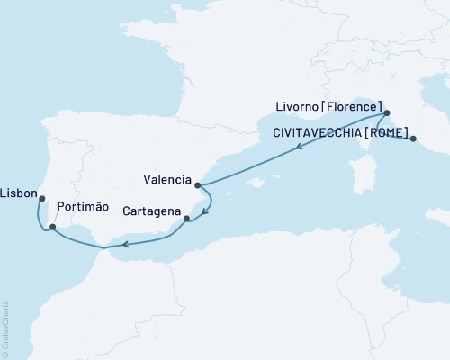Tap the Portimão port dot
(x=53, y=227)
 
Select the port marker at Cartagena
(x=186, y=218)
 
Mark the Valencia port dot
(x=198, y=184)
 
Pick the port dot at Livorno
(x=386, y=113)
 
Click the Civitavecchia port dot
(x=413, y=139)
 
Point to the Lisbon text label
(x=18, y=193)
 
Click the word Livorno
(x=300, y=104)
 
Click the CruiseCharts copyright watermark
(x=5, y=324)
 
